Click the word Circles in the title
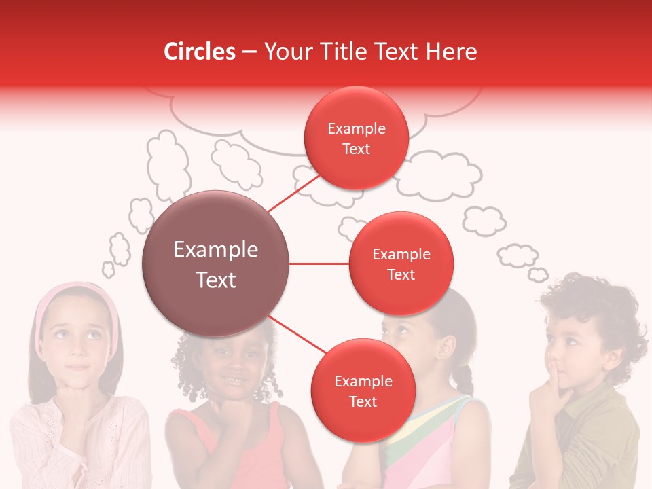click(199, 52)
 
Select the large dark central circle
click(215, 264)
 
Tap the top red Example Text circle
click(356, 139)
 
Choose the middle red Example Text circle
click(401, 264)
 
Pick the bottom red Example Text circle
click(363, 391)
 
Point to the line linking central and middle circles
click(319, 264)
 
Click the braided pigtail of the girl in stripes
click(465, 378)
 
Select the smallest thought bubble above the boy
click(539, 274)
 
